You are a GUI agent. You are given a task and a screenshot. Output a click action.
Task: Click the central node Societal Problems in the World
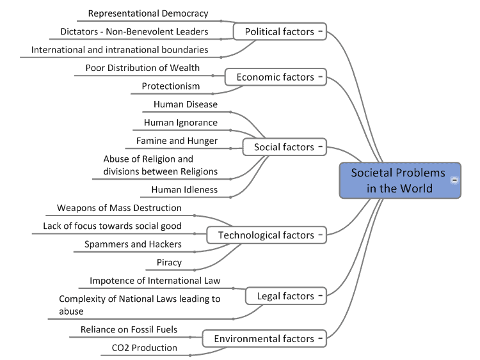click(398, 180)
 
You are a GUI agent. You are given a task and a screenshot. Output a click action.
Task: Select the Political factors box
click(280, 31)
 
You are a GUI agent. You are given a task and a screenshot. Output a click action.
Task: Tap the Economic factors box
click(275, 77)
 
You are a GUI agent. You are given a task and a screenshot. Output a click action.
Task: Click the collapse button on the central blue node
click(454, 180)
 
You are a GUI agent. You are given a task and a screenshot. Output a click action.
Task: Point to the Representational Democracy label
click(148, 13)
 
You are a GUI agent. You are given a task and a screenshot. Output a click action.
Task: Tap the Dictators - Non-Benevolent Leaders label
click(134, 31)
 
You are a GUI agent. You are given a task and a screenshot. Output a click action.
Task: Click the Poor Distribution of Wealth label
click(142, 68)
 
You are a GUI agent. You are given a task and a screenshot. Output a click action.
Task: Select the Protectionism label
click(171, 86)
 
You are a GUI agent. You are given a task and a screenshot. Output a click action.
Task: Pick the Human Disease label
click(186, 104)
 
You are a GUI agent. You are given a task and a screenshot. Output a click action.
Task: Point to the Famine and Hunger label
click(177, 141)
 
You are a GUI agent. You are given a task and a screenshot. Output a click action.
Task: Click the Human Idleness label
click(184, 189)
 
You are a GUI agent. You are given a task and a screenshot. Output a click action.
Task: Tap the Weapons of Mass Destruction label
click(119, 208)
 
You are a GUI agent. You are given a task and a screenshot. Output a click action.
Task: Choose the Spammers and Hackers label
click(133, 244)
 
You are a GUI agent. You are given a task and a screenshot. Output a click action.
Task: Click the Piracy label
click(169, 262)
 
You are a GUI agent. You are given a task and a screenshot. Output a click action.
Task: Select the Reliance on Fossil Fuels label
click(129, 329)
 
